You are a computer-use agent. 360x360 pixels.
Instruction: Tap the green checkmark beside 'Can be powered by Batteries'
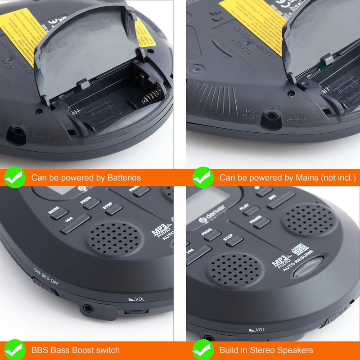pyautogui.click(x=15, y=177)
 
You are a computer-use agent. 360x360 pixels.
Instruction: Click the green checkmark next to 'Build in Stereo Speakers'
pyautogui.click(x=203, y=350)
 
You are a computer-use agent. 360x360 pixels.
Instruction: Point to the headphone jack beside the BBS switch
pyautogui.click(x=87, y=308)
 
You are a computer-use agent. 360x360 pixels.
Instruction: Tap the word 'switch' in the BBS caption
pyautogui.click(x=107, y=350)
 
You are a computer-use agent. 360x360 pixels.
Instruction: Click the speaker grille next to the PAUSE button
pyautogui.click(x=306, y=218)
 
